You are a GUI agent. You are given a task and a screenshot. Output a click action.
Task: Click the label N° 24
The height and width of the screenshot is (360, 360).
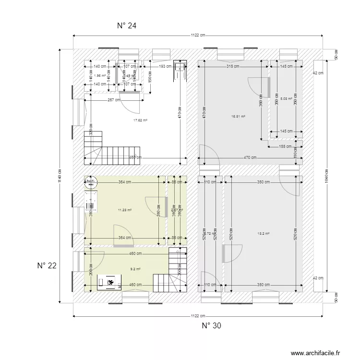coord(127,26)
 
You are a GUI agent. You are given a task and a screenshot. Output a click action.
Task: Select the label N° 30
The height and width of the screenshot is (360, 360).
coord(211,326)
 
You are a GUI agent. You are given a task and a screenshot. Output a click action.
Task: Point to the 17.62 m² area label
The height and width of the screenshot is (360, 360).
coord(140,120)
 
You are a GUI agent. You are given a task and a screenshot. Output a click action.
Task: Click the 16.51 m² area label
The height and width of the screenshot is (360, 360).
coord(238,116)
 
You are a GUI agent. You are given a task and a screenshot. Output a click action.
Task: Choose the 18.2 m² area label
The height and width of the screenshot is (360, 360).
coord(264,233)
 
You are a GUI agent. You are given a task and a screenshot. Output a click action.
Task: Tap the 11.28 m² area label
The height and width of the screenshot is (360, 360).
coord(125,210)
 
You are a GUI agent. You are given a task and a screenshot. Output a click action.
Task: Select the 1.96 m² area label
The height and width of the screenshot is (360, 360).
coord(100,75)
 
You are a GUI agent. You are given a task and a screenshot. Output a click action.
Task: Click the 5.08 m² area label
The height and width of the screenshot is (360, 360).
coord(286,99)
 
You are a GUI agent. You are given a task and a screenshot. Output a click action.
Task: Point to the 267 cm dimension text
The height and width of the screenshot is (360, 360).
coord(113,100)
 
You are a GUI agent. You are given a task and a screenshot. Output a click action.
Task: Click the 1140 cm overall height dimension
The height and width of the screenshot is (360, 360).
coord(60,175)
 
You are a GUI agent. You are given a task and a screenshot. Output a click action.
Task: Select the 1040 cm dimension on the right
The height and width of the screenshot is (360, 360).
coord(326,175)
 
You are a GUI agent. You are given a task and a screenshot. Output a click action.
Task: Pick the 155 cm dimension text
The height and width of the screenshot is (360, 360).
coord(286,147)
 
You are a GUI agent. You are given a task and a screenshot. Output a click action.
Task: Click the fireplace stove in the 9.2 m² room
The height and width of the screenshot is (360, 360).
coord(109,283)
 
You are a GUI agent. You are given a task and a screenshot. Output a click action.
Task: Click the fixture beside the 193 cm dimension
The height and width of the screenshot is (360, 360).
coord(181,71)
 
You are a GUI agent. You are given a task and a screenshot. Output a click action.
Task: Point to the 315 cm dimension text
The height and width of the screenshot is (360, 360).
coord(233,66)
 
